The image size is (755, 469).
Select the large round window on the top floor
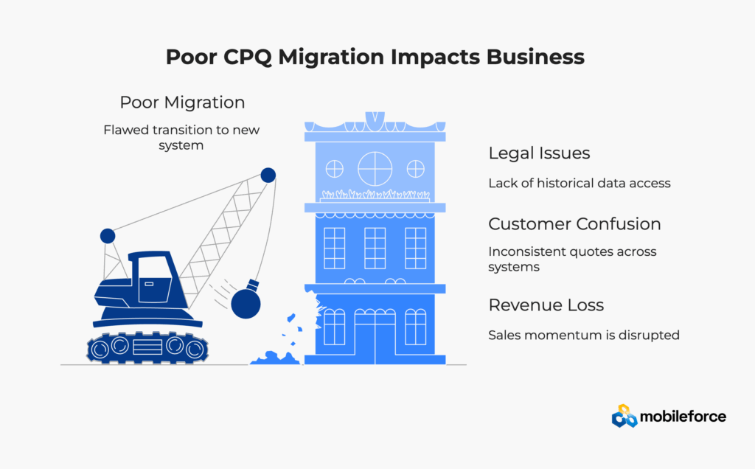pos(375,169)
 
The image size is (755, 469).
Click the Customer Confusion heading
pos(574,223)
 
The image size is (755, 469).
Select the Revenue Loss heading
pos(546,305)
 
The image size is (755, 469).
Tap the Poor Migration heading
pos(182,102)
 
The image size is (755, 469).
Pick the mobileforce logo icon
pos(624,417)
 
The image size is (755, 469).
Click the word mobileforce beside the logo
pos(683,417)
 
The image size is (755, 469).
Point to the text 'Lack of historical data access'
pos(579,183)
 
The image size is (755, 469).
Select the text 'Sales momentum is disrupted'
pos(583,335)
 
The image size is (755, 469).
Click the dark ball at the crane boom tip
pos(268,176)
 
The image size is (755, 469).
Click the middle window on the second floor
pos(375,248)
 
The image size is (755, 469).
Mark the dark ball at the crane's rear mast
pos(108,236)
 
